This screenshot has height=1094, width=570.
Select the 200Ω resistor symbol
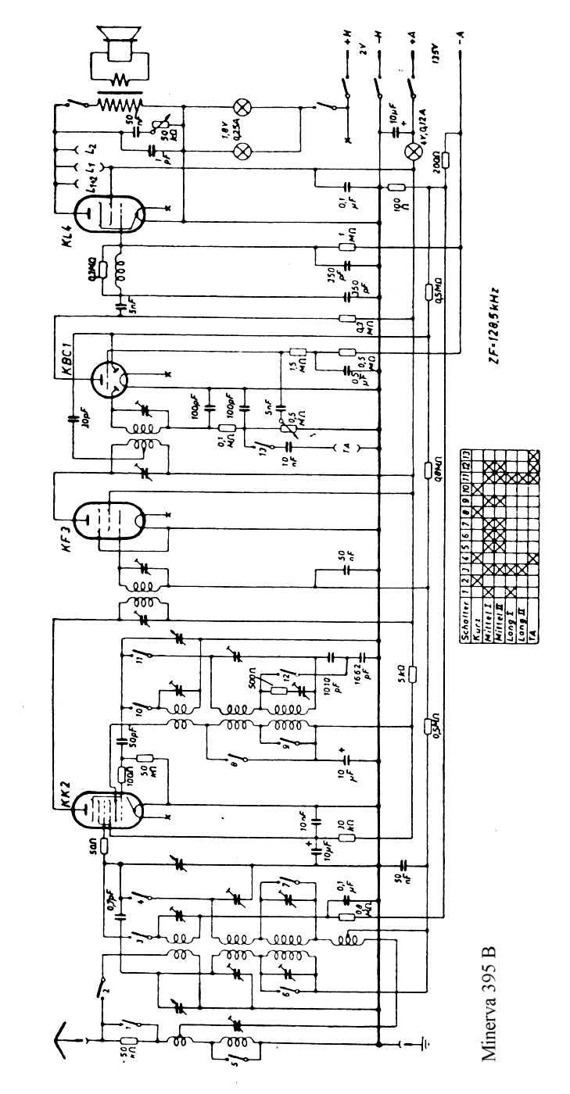(x=445, y=159)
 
